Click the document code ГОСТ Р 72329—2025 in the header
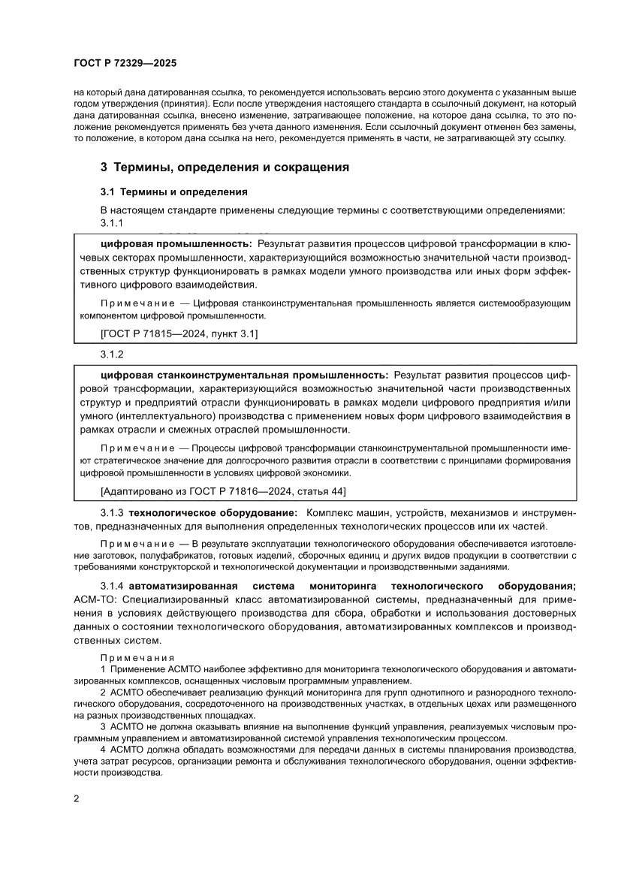point(125,64)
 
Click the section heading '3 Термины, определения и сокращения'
point(225,167)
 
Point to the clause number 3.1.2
point(111,353)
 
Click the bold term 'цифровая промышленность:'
point(176,244)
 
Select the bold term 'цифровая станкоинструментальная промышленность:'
point(245,373)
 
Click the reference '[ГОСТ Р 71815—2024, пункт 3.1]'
point(179,333)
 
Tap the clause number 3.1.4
point(113,585)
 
